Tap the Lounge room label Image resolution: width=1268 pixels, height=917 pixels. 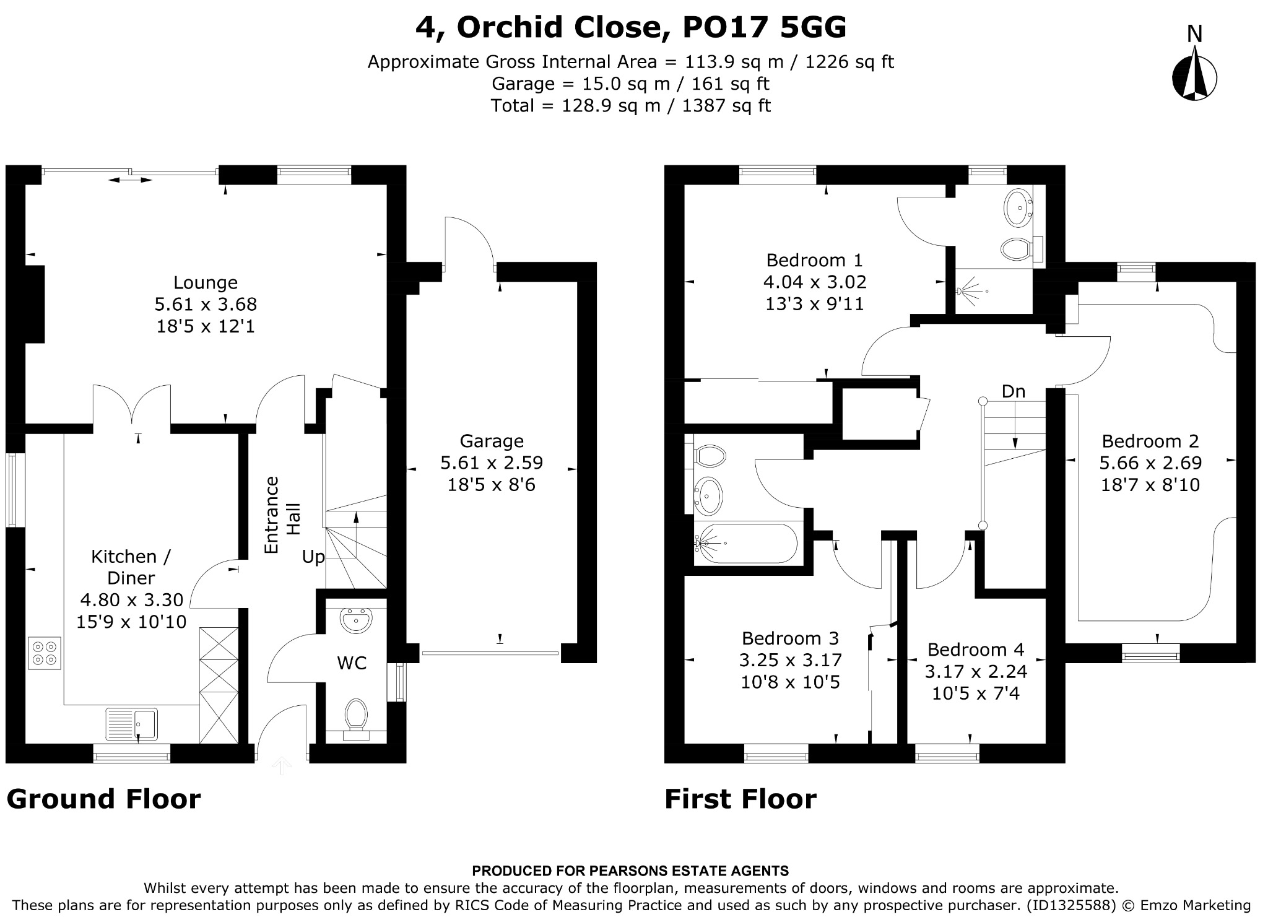coord(206,282)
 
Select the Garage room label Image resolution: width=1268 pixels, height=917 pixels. coord(492,441)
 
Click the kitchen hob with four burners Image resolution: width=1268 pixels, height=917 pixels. coord(45,653)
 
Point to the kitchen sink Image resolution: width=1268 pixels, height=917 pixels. coord(132,724)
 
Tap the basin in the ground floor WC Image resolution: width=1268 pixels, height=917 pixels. coord(356,620)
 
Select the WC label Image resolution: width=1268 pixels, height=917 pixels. coord(352,663)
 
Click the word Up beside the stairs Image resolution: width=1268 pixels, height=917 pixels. coord(313,557)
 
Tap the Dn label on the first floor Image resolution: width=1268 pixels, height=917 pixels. coord(1014,391)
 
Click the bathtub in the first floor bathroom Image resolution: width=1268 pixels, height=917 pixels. coord(748,544)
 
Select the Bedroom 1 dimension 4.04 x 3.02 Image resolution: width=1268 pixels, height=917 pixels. coord(815,282)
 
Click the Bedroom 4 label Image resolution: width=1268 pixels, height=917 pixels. coord(976,650)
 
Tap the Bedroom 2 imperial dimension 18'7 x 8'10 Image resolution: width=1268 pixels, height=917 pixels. coord(1150,485)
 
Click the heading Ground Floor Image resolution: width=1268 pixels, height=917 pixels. coord(103,799)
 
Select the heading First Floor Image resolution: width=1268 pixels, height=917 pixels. coord(740,799)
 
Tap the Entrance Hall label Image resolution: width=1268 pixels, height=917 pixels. coord(282,515)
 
